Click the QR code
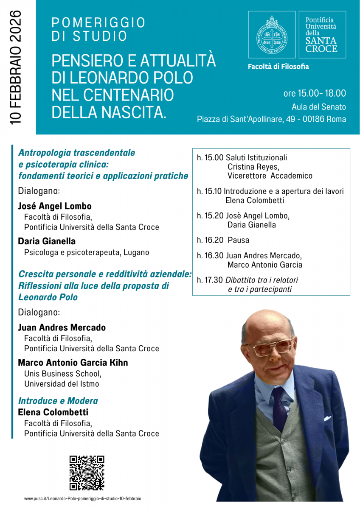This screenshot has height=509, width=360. point(87,473)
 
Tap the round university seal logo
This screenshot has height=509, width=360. point(272,34)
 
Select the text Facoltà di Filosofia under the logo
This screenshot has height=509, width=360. point(278,67)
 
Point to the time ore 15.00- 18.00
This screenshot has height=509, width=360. point(315,93)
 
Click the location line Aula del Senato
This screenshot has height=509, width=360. point(318,107)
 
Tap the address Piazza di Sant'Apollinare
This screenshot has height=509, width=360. point(271,119)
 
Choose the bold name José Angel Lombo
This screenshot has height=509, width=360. point(55,206)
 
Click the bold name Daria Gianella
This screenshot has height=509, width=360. point(47,241)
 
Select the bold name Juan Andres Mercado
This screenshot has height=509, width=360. point(62,327)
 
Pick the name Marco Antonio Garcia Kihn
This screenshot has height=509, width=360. point(73,363)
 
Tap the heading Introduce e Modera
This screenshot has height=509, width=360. point(58,401)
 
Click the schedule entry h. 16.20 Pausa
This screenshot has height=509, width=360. point(223,240)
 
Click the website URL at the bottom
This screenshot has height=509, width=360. point(82,499)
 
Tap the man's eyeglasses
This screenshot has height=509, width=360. point(269,348)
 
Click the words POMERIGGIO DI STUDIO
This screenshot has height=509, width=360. point(98,29)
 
